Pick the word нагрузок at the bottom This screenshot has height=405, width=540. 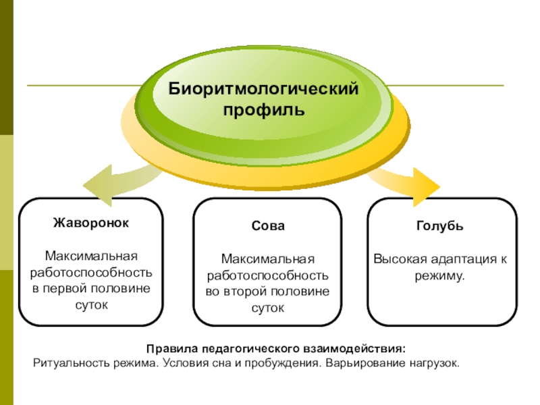point(433,363)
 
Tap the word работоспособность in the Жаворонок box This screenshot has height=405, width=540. point(91,273)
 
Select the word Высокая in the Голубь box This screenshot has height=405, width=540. point(397,260)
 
